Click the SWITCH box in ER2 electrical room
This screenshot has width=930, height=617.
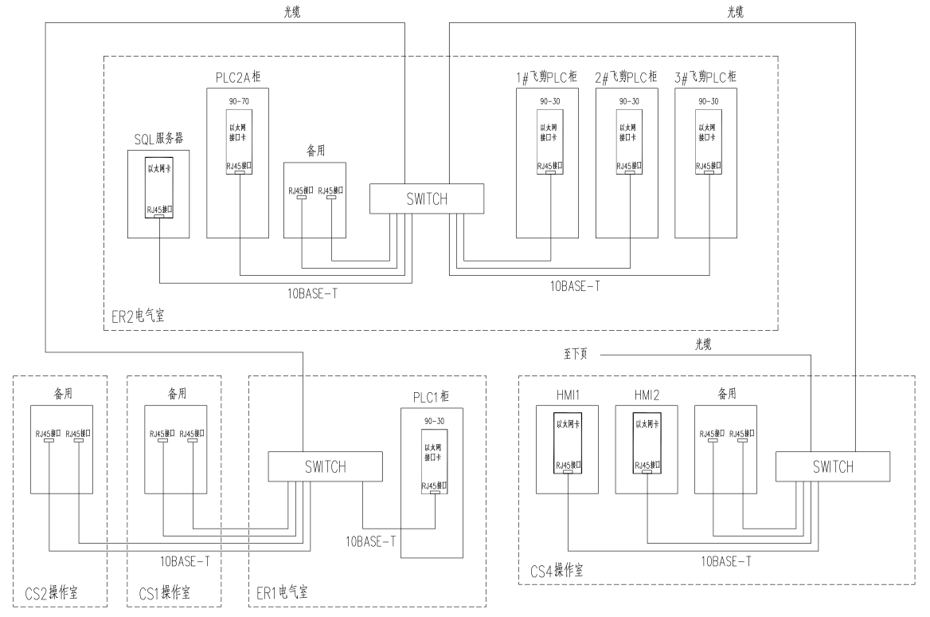(427, 198)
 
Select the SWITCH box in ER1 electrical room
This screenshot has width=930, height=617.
(326, 467)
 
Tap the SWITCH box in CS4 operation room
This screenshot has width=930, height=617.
(833, 467)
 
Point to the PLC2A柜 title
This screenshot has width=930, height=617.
(237, 78)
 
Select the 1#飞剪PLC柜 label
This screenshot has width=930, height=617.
(546, 78)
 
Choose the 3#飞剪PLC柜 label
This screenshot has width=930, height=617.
(705, 78)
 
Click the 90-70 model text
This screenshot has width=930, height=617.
(237, 102)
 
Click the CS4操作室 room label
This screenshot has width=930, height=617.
(557, 572)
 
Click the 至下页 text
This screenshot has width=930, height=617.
(575, 353)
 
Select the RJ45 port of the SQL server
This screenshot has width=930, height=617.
(158, 216)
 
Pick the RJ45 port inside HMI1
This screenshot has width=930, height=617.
(568, 471)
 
